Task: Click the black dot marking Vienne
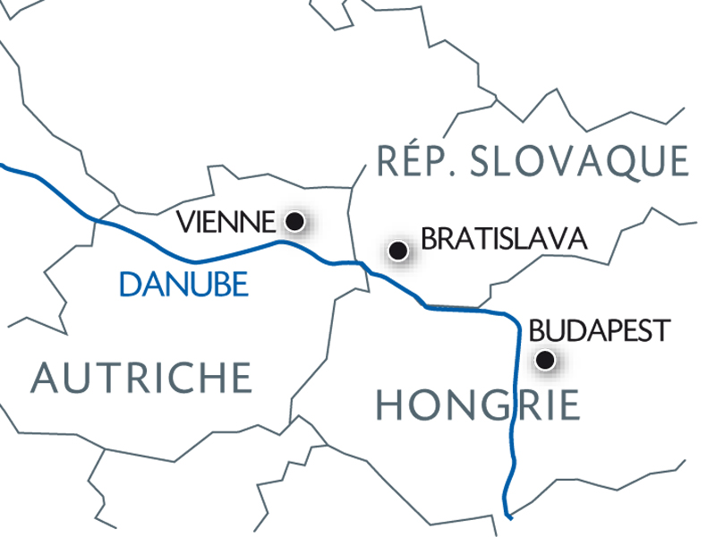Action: tap(293, 219)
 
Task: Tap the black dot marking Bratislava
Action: tap(399, 251)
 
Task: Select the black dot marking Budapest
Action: tap(543, 361)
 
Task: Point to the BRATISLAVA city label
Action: tap(503, 240)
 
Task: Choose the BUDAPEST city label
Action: tap(600, 329)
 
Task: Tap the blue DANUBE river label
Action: tap(183, 285)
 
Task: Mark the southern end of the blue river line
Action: tap(507, 516)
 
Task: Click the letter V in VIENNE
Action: tap(186, 220)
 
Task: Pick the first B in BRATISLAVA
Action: tap(428, 240)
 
